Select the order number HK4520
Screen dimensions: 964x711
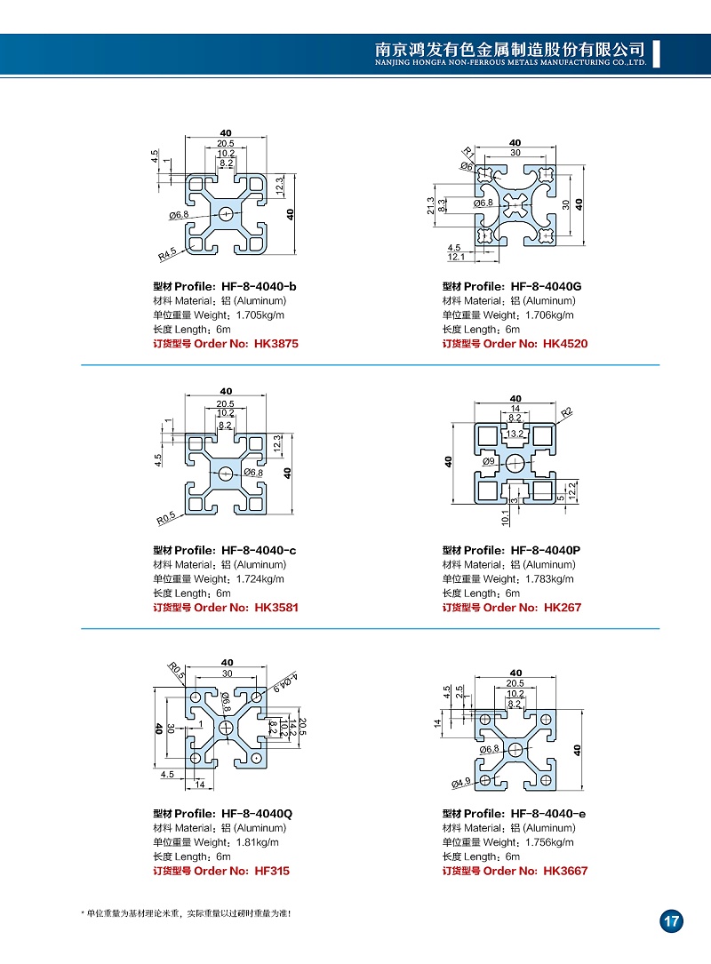point(564,344)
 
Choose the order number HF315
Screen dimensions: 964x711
point(272,871)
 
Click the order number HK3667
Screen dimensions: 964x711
point(564,871)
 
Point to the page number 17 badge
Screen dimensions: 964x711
point(671,921)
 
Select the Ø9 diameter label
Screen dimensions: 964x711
point(489,462)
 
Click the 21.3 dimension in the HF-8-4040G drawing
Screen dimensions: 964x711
point(431,206)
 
